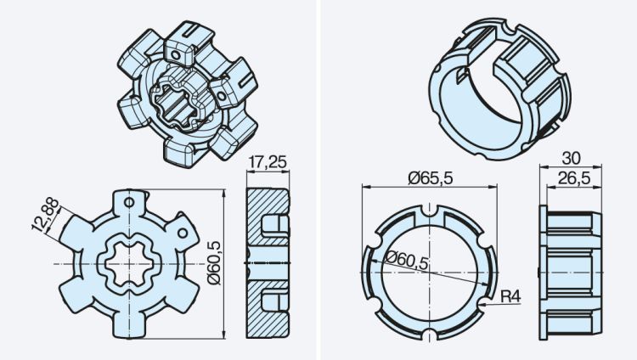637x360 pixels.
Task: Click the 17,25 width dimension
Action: point(268,160)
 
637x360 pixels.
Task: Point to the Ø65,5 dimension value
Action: point(430,177)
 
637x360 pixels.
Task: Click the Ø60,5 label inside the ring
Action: point(406,258)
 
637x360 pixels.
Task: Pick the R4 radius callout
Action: point(510,295)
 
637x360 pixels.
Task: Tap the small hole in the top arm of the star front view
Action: point(130,203)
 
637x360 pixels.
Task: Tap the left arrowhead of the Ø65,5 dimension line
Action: point(364,187)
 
